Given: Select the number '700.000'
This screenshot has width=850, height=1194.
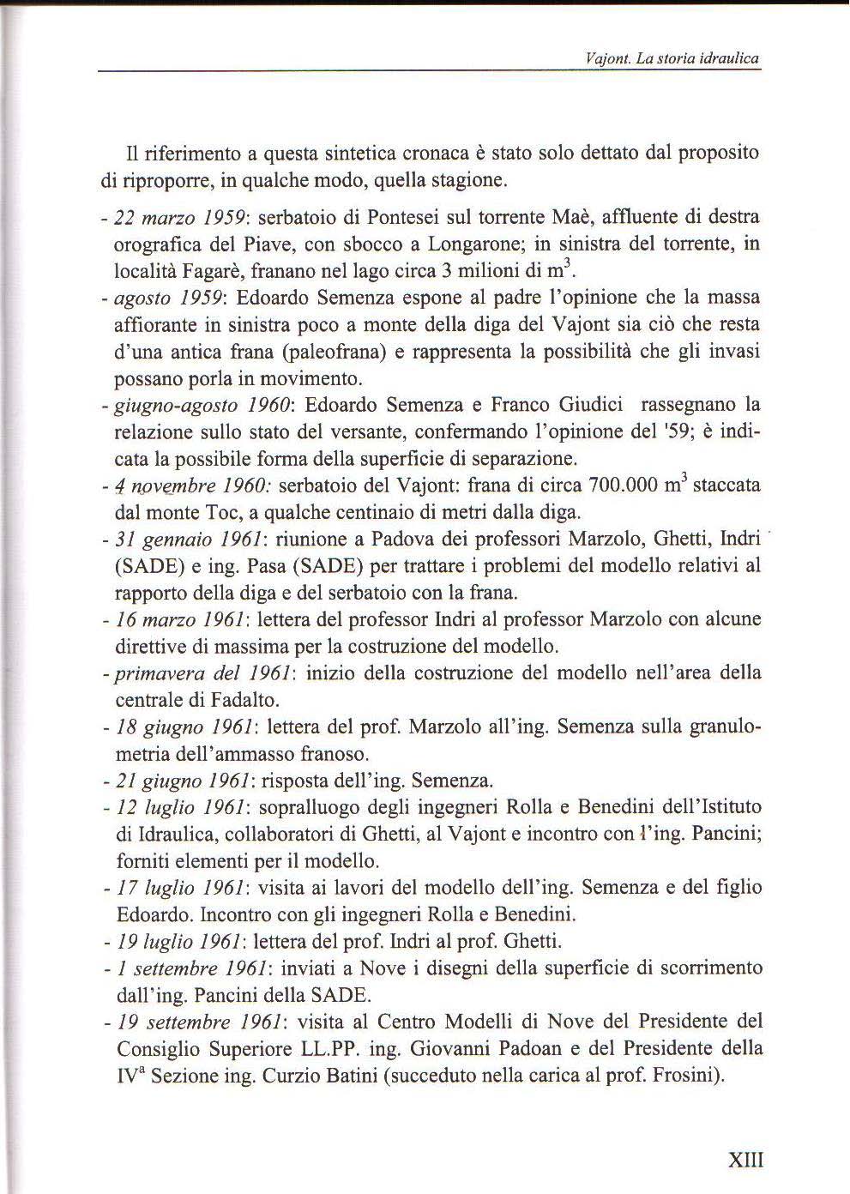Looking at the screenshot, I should click(623, 485).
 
